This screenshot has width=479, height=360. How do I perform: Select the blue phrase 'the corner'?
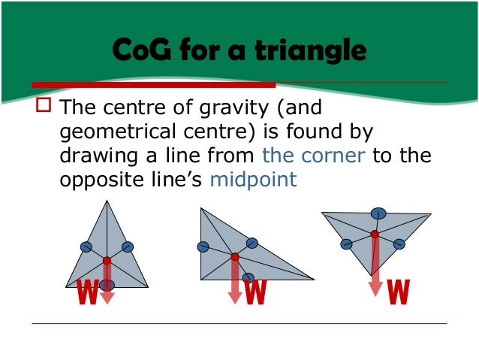point(314,156)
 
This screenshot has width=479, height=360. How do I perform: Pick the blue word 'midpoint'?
point(254,180)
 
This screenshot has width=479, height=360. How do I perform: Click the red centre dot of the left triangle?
point(107,261)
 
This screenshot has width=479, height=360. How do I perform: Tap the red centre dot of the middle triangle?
point(235,257)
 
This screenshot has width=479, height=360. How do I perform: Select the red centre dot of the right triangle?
point(375,234)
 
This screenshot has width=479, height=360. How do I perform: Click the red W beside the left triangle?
point(87,292)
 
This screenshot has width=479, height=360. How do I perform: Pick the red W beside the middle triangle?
point(256,292)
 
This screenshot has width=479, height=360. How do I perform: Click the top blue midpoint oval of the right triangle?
point(379,213)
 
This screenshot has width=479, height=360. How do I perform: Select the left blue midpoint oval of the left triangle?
point(86,247)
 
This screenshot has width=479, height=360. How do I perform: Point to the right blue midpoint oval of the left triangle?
point(127,247)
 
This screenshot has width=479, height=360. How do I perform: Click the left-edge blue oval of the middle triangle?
point(203,247)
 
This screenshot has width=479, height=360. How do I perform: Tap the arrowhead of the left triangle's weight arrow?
point(107,298)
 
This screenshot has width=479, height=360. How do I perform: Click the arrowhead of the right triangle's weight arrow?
point(375,290)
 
